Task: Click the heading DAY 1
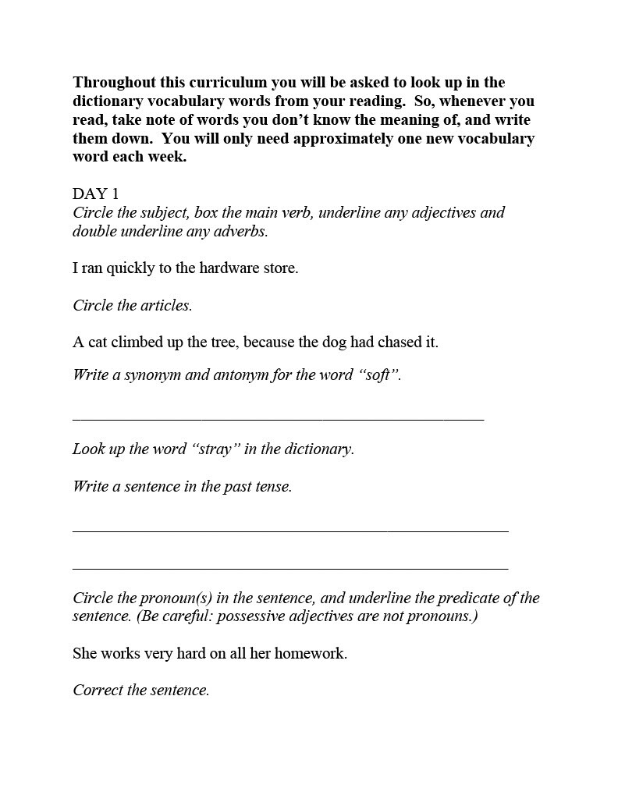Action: coord(96,194)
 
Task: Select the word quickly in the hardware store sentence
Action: coord(130,268)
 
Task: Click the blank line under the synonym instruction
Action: coord(278,419)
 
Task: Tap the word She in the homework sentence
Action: coord(85,654)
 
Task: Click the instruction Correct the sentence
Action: coord(141,691)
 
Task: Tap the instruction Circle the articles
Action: coord(132,306)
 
